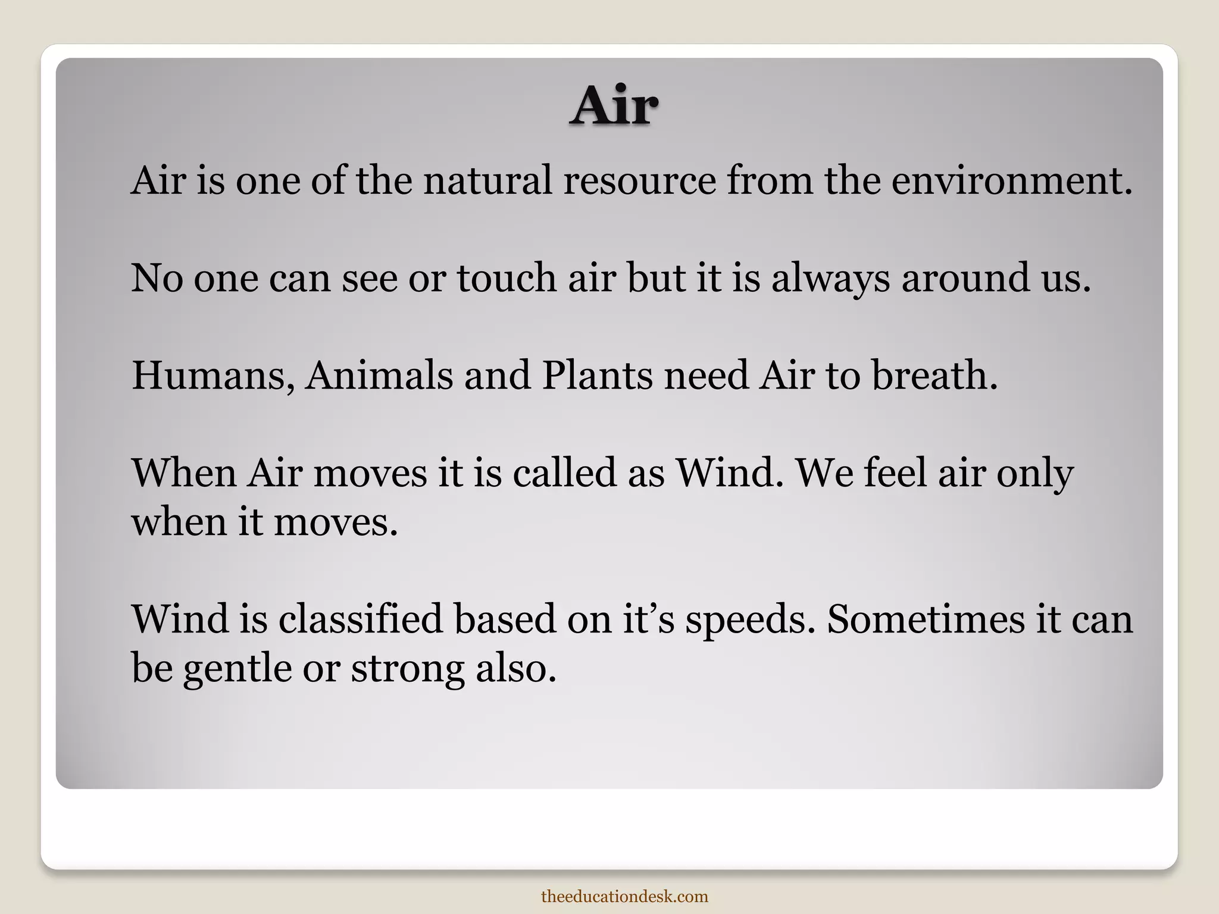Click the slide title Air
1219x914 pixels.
point(614,107)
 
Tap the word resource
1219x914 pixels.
point(640,180)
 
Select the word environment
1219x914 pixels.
point(1011,180)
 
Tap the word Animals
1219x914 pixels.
point(379,376)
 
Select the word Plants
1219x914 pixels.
point(597,376)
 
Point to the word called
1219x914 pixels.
point(564,473)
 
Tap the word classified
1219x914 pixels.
point(361,619)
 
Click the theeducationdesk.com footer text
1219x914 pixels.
point(624,896)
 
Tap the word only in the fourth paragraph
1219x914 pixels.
point(1035,474)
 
